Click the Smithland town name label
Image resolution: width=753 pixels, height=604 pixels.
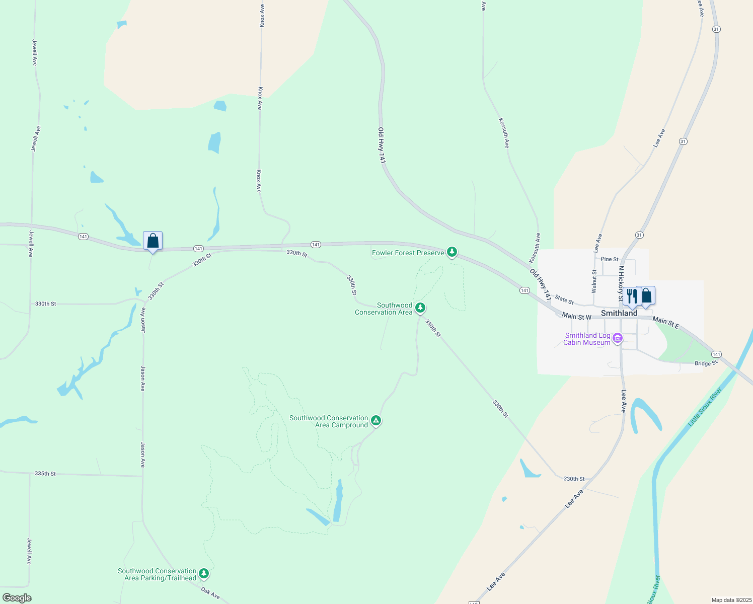tap(619, 313)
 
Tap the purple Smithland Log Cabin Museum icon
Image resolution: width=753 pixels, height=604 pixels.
tap(618, 338)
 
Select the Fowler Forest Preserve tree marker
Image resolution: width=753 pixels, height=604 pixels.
tap(452, 252)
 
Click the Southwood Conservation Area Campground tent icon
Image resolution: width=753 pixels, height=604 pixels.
tap(375, 420)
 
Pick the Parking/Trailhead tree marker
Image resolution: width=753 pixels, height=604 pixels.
tap(204, 573)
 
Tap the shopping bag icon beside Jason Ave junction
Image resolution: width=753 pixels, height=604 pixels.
tap(153, 241)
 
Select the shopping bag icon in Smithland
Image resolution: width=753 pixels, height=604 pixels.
tap(646, 296)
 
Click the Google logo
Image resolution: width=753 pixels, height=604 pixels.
tap(17, 597)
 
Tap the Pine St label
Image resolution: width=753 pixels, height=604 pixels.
tap(610, 259)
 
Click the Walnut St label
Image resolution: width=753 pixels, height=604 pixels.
tap(594, 281)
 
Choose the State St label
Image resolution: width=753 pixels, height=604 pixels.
tap(564, 300)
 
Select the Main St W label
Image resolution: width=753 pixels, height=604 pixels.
tap(576, 317)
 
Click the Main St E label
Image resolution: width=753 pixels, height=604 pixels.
tap(666, 323)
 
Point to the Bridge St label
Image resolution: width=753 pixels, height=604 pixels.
tap(706, 363)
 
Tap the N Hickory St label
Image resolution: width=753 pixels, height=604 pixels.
tap(621, 284)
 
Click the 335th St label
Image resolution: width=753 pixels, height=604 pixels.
tap(45, 474)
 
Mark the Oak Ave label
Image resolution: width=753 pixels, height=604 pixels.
tap(210, 593)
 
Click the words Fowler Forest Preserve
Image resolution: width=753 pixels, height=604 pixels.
tap(408, 253)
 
